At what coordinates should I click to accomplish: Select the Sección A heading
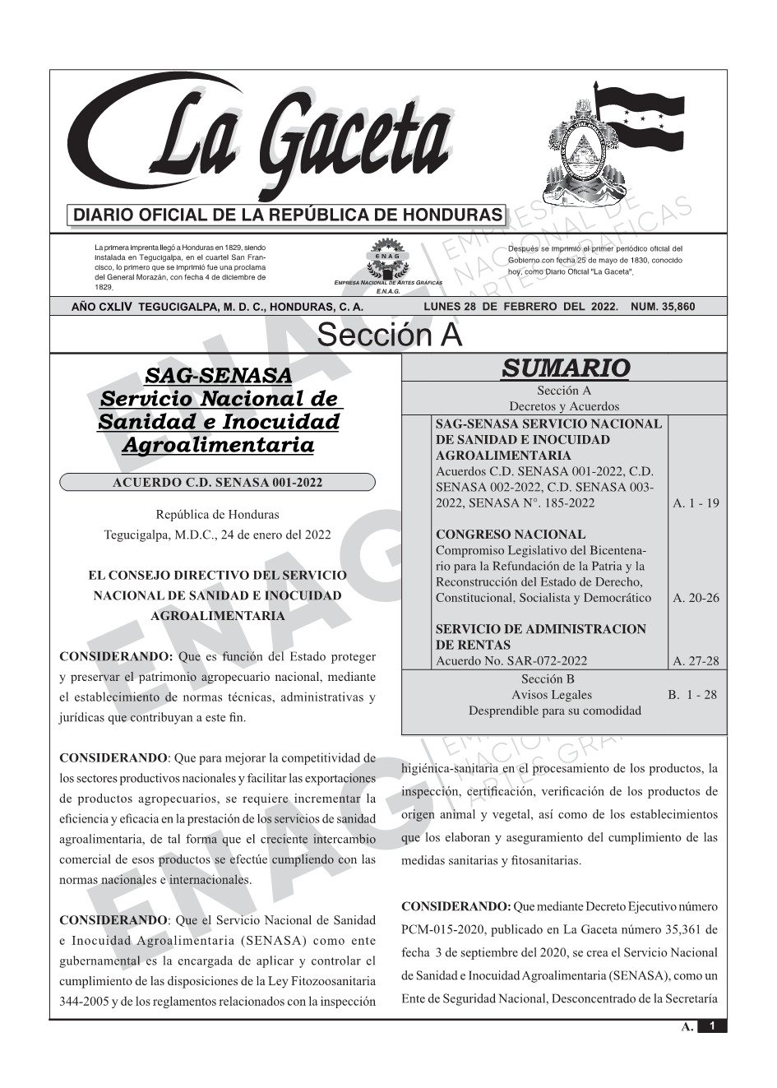pyautogui.click(x=389, y=336)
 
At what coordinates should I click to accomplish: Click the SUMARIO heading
pyautogui.click(x=565, y=368)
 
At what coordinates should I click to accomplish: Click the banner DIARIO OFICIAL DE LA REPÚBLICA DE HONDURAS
pyautogui.click(x=288, y=215)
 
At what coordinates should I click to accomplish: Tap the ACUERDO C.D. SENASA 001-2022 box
pyautogui.click(x=217, y=482)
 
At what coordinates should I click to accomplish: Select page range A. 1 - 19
pyautogui.click(x=696, y=503)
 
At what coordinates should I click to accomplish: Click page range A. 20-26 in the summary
pyautogui.click(x=696, y=598)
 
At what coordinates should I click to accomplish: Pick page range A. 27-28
pyautogui.click(x=696, y=661)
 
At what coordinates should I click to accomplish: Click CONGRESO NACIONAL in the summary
pyautogui.click(x=511, y=535)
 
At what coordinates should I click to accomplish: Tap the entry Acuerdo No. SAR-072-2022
pyautogui.click(x=511, y=661)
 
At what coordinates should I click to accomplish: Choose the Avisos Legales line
pyautogui.click(x=552, y=695)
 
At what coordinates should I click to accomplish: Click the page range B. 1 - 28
pyautogui.click(x=692, y=695)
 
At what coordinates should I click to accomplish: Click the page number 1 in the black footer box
pyautogui.click(x=713, y=1025)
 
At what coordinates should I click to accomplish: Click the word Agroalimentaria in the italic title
pyautogui.click(x=218, y=446)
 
